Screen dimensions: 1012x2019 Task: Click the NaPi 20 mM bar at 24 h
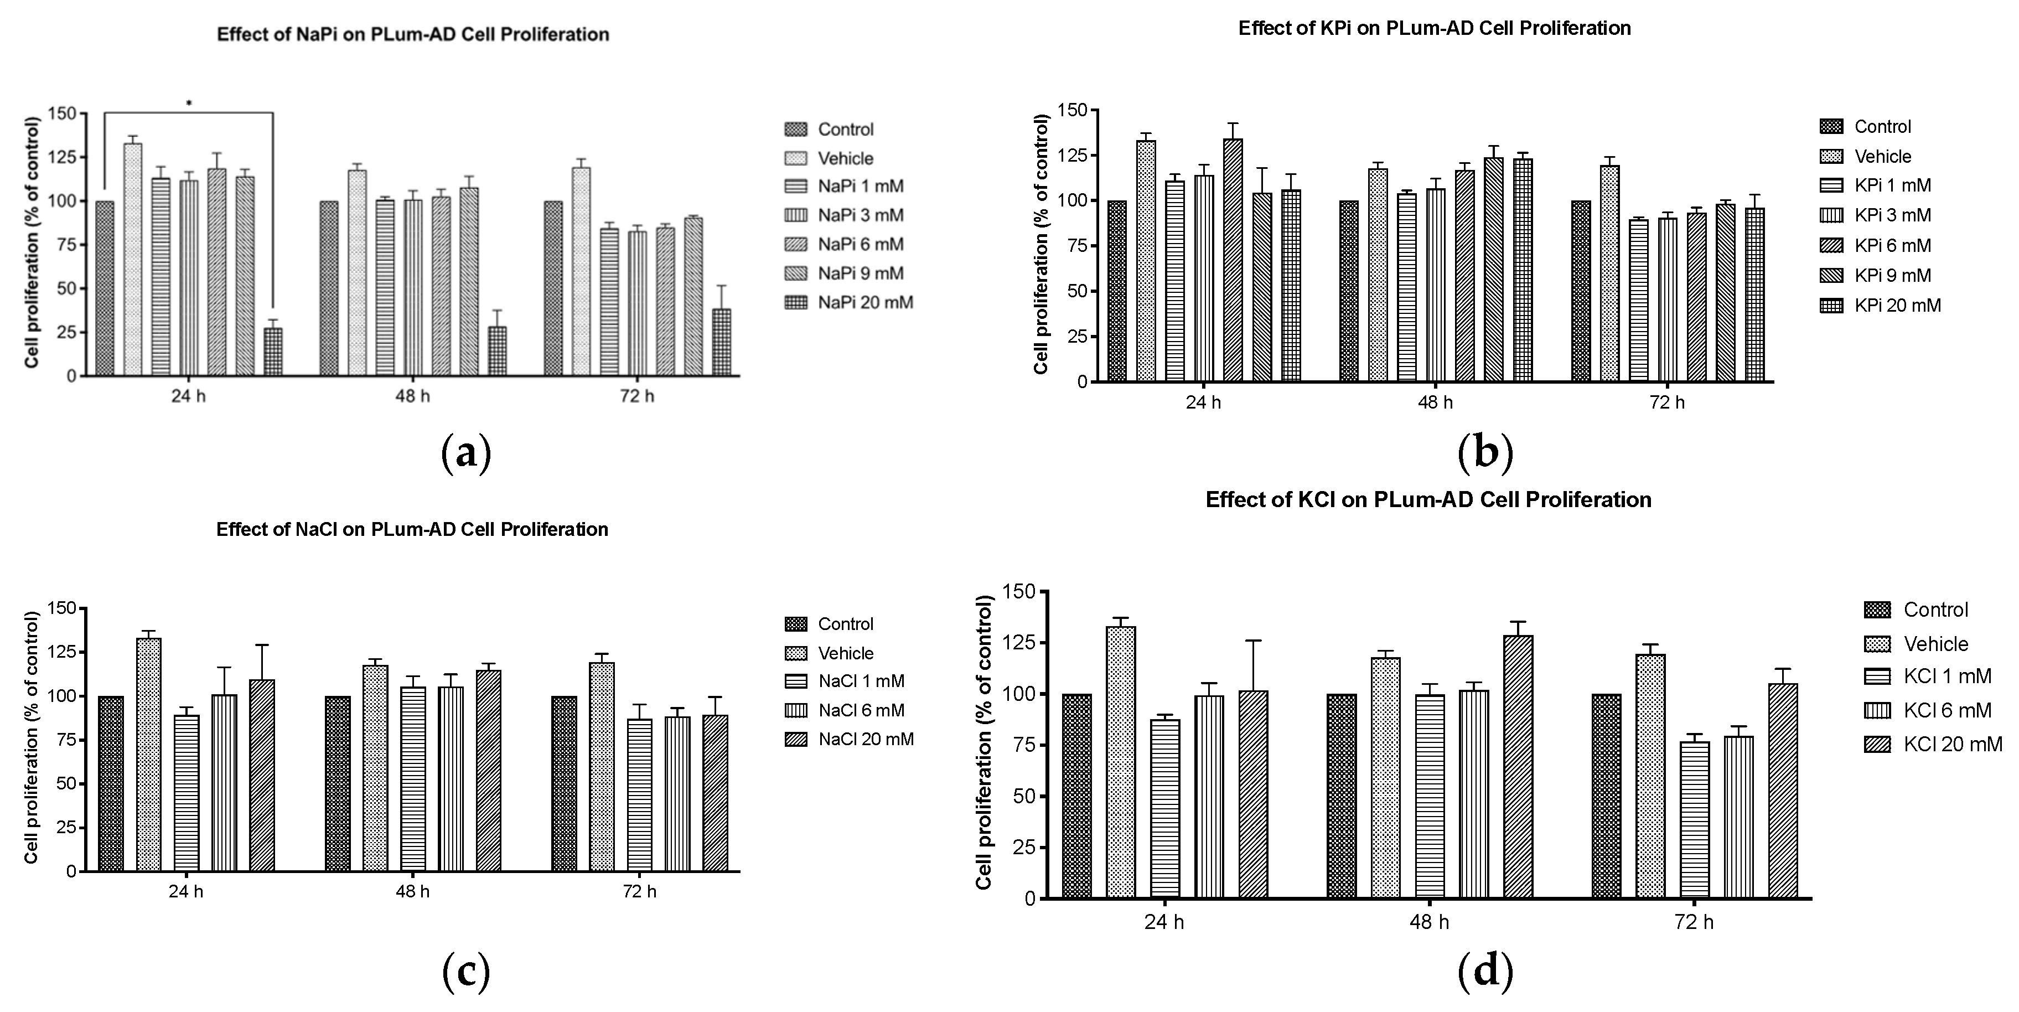tap(273, 352)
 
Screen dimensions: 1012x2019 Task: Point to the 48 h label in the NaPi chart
tap(412, 396)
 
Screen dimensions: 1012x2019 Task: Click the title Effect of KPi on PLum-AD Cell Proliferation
tap(1435, 28)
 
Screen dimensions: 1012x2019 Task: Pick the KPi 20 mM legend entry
tap(1881, 305)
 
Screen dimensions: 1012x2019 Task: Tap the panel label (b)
tap(1485, 452)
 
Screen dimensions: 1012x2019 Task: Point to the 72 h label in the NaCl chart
tap(640, 891)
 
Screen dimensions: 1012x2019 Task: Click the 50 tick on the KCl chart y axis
tap(1019, 796)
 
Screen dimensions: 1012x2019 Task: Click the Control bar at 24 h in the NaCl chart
tap(111, 784)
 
